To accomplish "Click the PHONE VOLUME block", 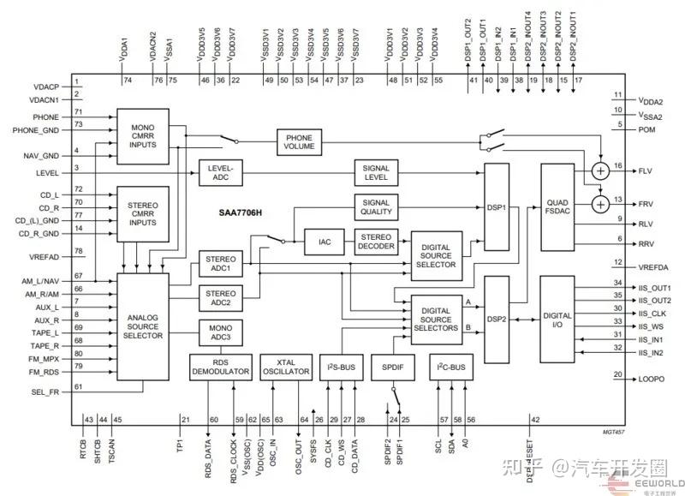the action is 299,140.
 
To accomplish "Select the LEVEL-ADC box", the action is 222,172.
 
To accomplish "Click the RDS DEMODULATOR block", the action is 219,367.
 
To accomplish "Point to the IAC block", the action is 325,242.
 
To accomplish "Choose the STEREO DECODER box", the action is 376,242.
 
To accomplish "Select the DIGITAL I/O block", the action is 557,319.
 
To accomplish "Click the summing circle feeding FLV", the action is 601,171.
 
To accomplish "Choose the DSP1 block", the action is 497,207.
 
